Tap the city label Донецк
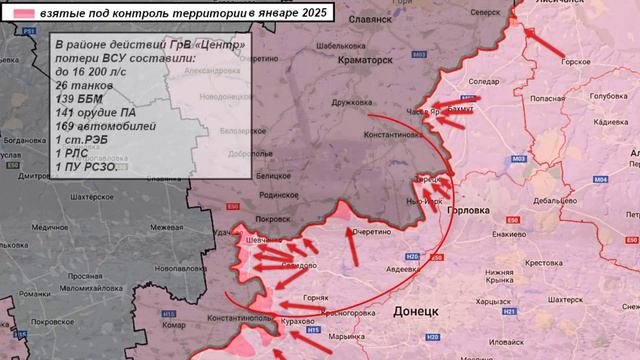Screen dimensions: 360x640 pos(415,311)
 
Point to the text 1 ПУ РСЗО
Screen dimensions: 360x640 pos(86,167)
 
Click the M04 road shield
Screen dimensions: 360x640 pos(600,179)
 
